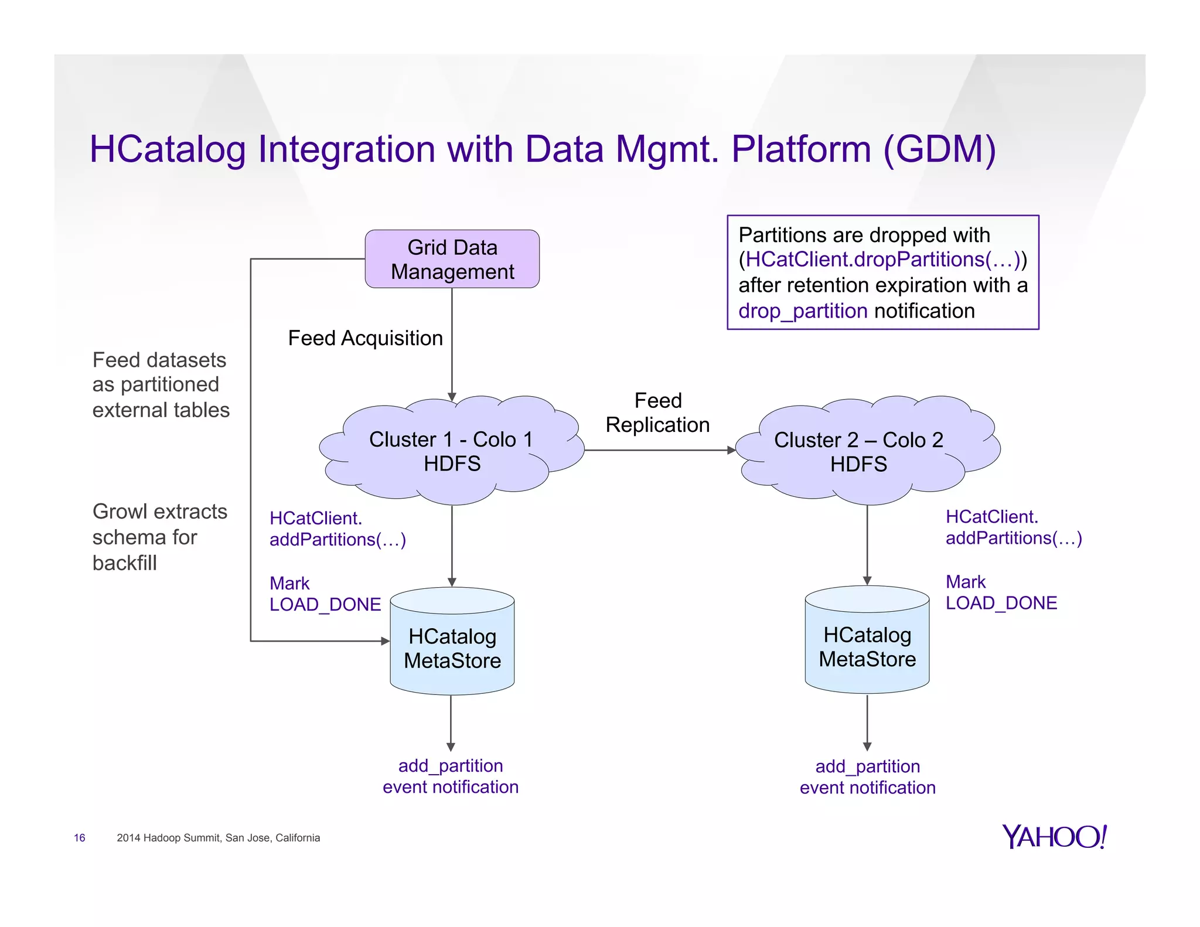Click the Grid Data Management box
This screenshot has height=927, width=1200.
tap(452, 259)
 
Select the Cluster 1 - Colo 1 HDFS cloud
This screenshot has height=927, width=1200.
tap(451, 451)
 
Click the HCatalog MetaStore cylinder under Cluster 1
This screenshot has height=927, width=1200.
tap(452, 648)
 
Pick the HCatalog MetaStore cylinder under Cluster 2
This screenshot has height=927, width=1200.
tap(867, 647)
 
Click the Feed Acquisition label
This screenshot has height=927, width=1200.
tap(365, 338)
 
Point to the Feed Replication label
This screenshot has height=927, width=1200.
tap(657, 413)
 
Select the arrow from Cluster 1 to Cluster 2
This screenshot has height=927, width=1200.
tap(659, 450)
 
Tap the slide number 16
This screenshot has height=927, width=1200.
tap(80, 838)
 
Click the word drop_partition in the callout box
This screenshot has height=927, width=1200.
tap(802, 311)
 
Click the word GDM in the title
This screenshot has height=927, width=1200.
tap(939, 149)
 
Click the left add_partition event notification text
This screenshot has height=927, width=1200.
tap(450, 776)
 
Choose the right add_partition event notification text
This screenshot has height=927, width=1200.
tap(867, 777)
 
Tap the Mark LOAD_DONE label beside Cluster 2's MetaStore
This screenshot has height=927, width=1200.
tap(1001, 592)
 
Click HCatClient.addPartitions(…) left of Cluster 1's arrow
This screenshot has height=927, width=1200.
tap(337, 529)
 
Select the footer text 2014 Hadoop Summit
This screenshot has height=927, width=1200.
tap(218, 838)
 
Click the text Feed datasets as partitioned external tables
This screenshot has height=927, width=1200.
tap(160, 384)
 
